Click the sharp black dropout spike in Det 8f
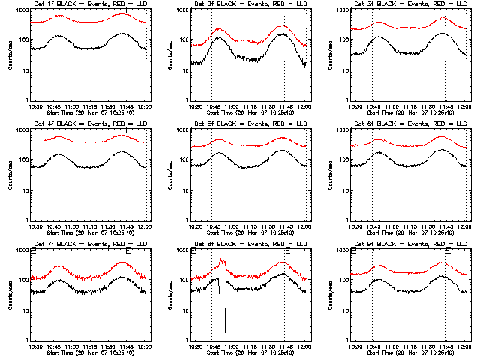coord(225,315)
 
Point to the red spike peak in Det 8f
coord(222,260)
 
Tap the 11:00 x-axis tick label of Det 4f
coord(71,226)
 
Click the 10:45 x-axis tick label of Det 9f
coord(372,346)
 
